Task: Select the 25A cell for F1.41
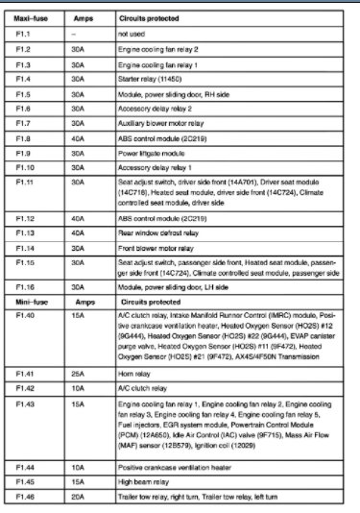(82, 371)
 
